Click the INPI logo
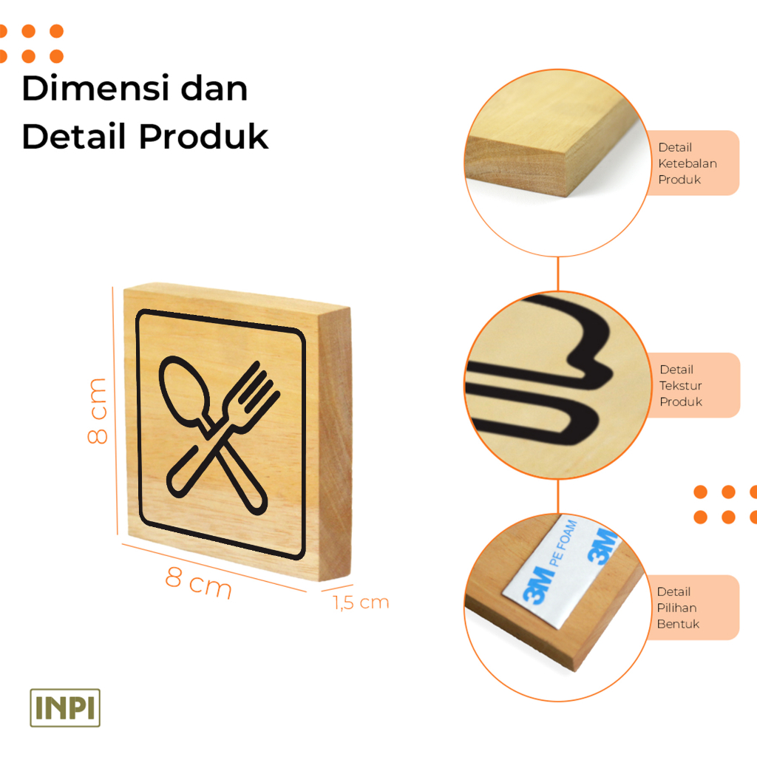pos(65,707)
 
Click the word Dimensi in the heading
pos(95,89)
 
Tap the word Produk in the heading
pos(204,136)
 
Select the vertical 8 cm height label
pos(97,411)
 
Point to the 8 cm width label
pos(198,583)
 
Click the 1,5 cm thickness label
pos(361,602)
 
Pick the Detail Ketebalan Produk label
pos(688,163)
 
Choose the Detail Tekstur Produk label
pos(681,385)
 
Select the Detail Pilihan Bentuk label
pos(678,608)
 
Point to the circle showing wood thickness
pos(557,163)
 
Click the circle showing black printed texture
pos(557,385)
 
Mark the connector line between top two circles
pos(558,274)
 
